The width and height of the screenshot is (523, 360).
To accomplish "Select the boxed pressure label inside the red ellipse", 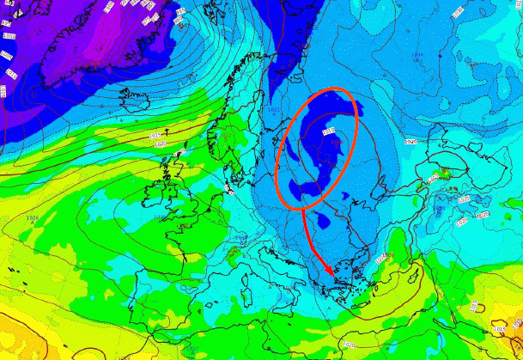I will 327,131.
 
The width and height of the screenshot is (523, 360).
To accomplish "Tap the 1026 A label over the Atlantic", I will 33,218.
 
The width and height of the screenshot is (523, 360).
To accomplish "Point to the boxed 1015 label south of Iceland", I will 155,136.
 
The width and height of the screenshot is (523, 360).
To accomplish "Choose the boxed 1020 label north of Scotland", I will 160,144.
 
